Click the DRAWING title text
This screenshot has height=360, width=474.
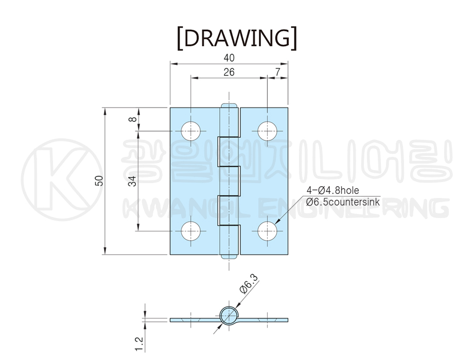click(x=237, y=39)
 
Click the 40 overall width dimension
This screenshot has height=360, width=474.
click(x=229, y=58)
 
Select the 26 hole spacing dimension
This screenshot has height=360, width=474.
click(x=229, y=72)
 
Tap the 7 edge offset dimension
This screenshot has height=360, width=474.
click(x=278, y=72)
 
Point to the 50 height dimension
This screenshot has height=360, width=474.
click(x=99, y=181)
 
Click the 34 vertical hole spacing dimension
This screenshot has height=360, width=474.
click(x=132, y=181)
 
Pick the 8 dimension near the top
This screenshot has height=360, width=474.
click(x=132, y=119)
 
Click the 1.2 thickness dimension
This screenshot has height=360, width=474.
click(x=139, y=344)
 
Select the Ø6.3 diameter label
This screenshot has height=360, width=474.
click(x=250, y=284)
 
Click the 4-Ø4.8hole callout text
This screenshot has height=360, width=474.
click(x=333, y=190)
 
